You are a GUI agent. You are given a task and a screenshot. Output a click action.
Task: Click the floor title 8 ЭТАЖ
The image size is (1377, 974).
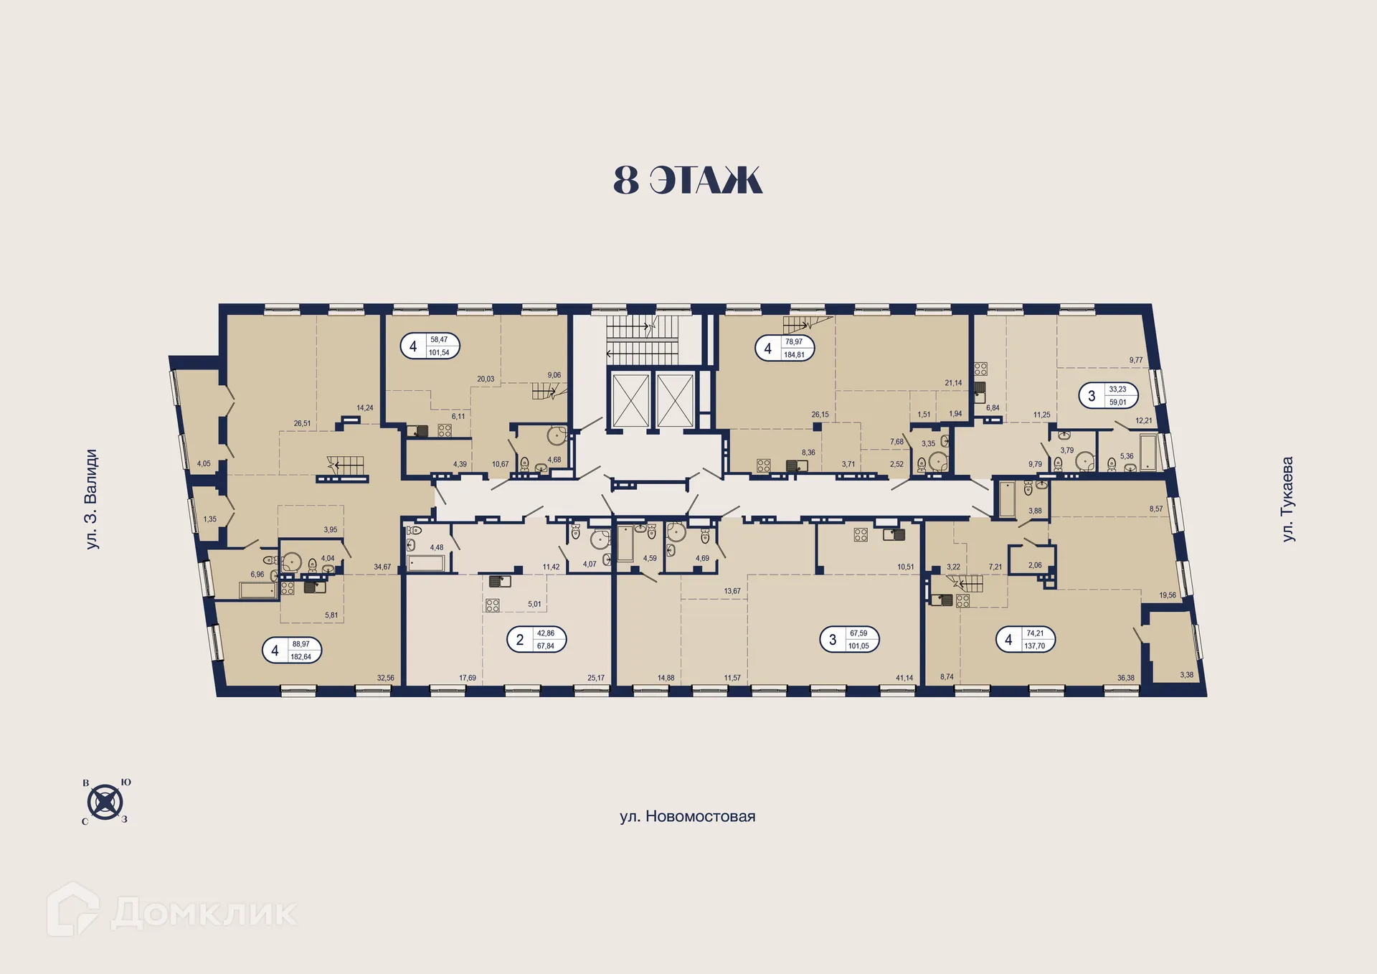pos(687,180)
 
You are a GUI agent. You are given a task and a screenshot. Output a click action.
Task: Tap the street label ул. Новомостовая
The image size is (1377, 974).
pos(687,816)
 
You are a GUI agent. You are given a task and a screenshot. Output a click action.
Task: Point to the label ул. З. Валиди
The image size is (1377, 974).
pos(91,499)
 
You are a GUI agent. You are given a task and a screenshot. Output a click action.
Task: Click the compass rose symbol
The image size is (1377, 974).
pos(105,801)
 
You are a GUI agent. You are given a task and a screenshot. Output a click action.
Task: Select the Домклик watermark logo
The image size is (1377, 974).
pos(172,912)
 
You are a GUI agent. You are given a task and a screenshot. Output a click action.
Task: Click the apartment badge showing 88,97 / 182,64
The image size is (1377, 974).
pos(291,651)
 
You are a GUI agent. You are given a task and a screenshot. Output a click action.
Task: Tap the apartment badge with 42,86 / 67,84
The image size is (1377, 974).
pos(536,639)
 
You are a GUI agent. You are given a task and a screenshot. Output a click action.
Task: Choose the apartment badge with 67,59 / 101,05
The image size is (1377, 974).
pos(849,639)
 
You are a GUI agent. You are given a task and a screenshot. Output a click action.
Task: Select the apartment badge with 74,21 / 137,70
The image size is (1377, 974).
pos(1026,639)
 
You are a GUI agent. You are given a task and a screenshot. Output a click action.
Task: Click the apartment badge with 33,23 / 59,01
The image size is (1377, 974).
pos(1108,395)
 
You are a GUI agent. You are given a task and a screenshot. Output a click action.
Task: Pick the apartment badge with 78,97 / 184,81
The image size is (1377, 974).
pos(785,348)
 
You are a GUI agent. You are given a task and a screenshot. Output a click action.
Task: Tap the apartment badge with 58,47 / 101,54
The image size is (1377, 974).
pos(430,346)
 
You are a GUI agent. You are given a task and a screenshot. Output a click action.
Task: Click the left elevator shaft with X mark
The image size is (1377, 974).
pos(629,399)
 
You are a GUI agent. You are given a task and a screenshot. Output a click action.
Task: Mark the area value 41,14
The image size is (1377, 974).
pos(904,678)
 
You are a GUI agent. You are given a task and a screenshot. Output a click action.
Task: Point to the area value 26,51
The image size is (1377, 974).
pos(302,424)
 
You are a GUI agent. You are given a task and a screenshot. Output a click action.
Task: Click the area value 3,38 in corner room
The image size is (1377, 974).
pos(1186,675)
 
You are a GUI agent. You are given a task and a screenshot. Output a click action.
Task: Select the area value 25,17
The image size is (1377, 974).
pos(596,678)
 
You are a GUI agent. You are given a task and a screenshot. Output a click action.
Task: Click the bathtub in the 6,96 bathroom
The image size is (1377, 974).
pos(257,590)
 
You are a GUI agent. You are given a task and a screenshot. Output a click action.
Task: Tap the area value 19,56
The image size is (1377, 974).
pos(1168,595)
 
